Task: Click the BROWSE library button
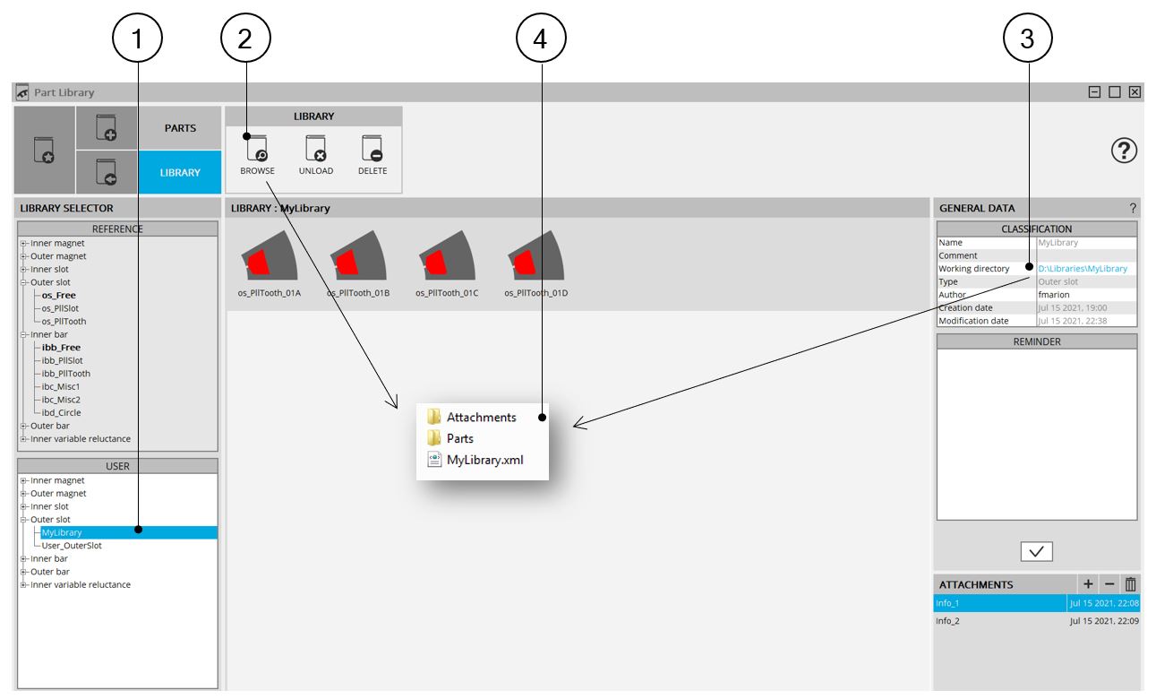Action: point(257,155)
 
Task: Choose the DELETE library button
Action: point(372,155)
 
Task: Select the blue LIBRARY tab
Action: point(180,172)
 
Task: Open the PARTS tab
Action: point(180,127)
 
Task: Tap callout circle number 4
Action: point(541,39)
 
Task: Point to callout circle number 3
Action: point(1027,39)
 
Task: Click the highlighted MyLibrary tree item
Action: point(62,532)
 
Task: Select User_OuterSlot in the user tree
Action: point(72,546)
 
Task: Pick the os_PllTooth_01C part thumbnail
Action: point(447,255)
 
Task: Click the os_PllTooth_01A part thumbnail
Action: point(270,255)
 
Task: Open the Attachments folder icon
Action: point(434,417)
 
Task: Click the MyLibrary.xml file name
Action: point(485,460)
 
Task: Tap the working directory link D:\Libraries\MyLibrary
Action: point(1083,269)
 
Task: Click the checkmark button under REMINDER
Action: point(1036,552)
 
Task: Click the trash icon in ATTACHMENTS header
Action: point(1130,584)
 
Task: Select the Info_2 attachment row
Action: point(1037,620)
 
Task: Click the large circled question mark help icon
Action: point(1124,151)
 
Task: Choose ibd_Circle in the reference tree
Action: point(61,413)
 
